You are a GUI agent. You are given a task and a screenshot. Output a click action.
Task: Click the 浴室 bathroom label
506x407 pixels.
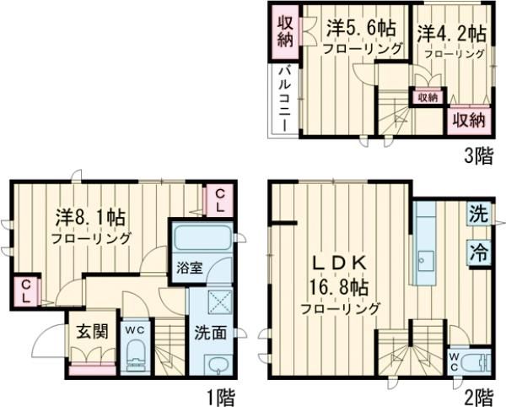click(x=188, y=269)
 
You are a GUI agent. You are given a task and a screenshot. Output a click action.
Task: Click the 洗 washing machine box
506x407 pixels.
click(x=478, y=214)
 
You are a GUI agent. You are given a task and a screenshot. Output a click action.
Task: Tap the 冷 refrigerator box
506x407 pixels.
click(x=478, y=251)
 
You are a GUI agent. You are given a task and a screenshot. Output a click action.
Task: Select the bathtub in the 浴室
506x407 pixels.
click(x=202, y=237)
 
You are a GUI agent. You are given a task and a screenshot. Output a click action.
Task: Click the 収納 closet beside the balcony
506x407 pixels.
click(x=283, y=30)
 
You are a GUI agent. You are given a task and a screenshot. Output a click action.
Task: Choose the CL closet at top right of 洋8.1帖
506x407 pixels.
click(x=218, y=200)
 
